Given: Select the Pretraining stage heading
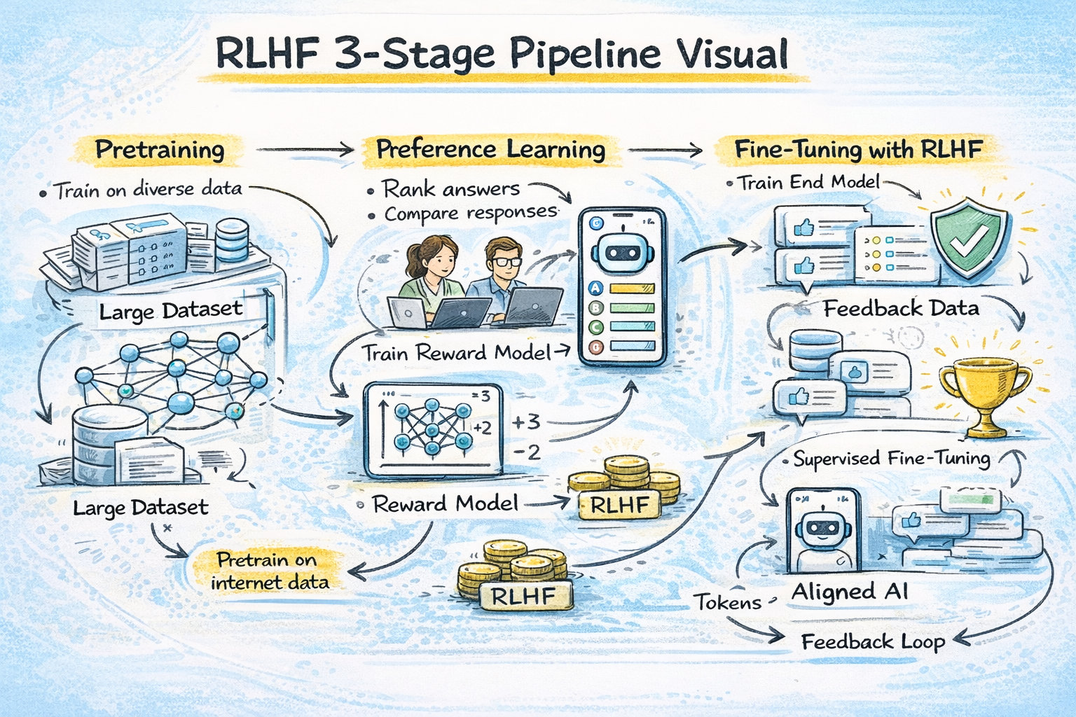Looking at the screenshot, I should [x=160, y=150].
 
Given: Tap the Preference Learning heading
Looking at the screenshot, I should [x=490, y=149].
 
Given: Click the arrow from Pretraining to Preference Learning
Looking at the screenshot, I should [x=305, y=149].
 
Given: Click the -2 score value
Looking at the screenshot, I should [x=527, y=452].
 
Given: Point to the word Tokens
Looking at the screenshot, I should [x=728, y=602].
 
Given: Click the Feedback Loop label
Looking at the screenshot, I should [x=873, y=641].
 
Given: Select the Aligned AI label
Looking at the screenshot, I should [x=850, y=592].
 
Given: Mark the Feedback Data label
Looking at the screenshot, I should [x=901, y=308].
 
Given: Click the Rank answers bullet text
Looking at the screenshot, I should [x=450, y=189].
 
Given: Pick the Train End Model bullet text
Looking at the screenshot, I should [x=809, y=183].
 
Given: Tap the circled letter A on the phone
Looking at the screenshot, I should [x=596, y=288].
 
